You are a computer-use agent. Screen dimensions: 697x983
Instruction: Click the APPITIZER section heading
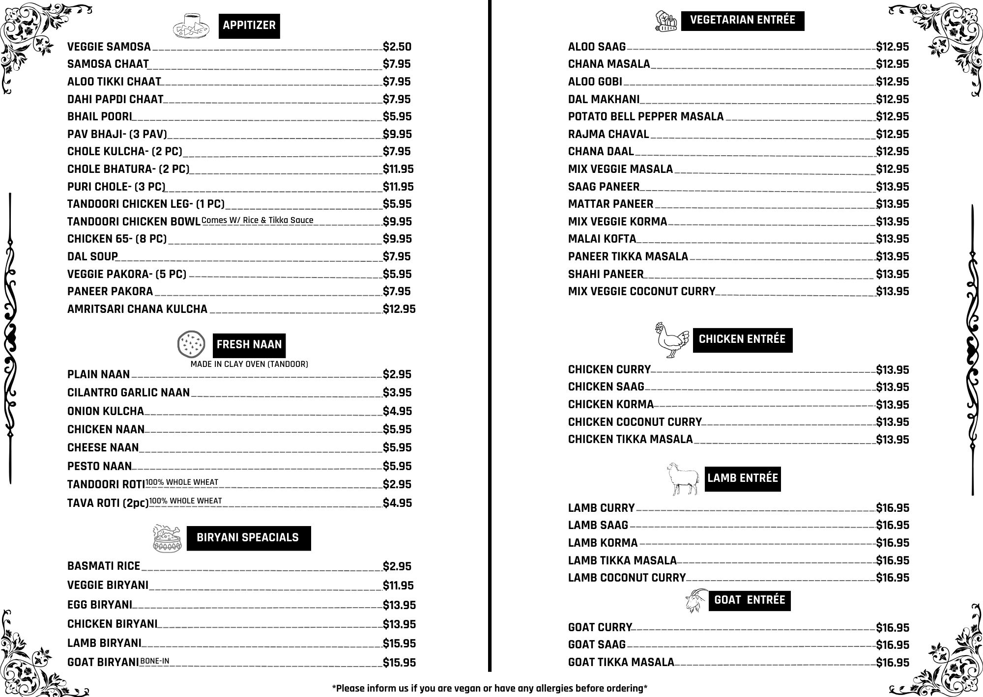249,26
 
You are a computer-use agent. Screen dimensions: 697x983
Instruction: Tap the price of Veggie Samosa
397,47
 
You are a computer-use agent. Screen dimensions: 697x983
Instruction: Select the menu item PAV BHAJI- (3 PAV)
117,134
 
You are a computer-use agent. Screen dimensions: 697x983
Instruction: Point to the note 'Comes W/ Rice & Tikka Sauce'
257,220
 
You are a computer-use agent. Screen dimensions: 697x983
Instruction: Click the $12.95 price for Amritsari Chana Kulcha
399,309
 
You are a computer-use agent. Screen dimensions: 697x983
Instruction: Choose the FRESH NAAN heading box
249,345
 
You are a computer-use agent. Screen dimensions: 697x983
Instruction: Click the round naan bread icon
191,344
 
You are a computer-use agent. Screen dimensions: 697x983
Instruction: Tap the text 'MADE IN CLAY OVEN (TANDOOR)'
249,364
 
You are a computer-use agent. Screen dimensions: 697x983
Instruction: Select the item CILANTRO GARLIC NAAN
128,392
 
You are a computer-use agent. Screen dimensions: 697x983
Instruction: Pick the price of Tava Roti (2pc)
397,503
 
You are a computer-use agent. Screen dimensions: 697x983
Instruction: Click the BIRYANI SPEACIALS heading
248,538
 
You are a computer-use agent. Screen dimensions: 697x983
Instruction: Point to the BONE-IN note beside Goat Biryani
155,661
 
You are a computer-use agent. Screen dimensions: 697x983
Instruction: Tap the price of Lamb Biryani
399,643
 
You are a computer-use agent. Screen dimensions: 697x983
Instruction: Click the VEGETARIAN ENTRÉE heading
742,20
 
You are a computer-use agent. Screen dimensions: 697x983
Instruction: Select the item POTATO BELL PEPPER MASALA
645,116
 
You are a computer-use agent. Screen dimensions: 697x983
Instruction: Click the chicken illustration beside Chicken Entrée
671,339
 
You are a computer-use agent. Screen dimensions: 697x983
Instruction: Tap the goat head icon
696,601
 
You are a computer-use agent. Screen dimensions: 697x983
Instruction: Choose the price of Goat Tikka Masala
893,663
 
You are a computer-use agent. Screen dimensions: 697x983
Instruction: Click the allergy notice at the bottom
490,688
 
